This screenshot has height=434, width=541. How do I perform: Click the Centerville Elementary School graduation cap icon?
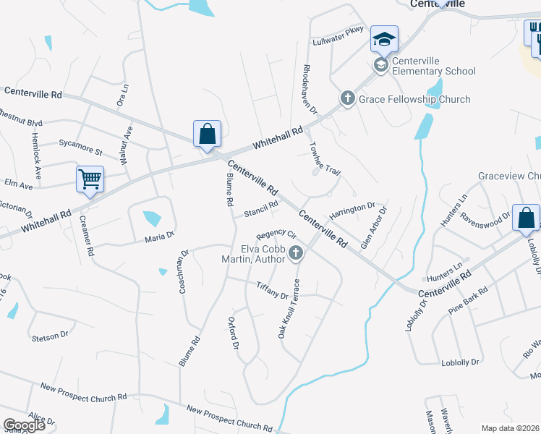pyautogui.click(x=384, y=40)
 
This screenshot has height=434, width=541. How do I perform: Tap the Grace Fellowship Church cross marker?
pyautogui.click(x=347, y=98)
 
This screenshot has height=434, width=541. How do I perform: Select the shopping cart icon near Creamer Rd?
pyautogui.click(x=90, y=179)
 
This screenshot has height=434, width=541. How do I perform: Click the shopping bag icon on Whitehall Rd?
pyautogui.click(x=207, y=133)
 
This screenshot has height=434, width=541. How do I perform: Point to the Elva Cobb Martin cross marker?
pyautogui.click(x=295, y=253)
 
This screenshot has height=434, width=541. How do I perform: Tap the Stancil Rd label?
pyautogui.click(x=261, y=208)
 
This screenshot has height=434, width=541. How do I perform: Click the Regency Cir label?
pyautogui.click(x=277, y=234)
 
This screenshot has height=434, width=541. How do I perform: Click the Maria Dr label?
pyautogui.click(x=160, y=236)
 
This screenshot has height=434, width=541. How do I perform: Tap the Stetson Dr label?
pyautogui.click(x=49, y=336)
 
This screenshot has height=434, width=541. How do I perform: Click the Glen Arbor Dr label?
pyautogui.click(x=373, y=227)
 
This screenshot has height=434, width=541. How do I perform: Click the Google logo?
pyautogui.click(x=24, y=425)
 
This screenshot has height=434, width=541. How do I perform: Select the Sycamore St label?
pyautogui.click(x=80, y=150)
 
